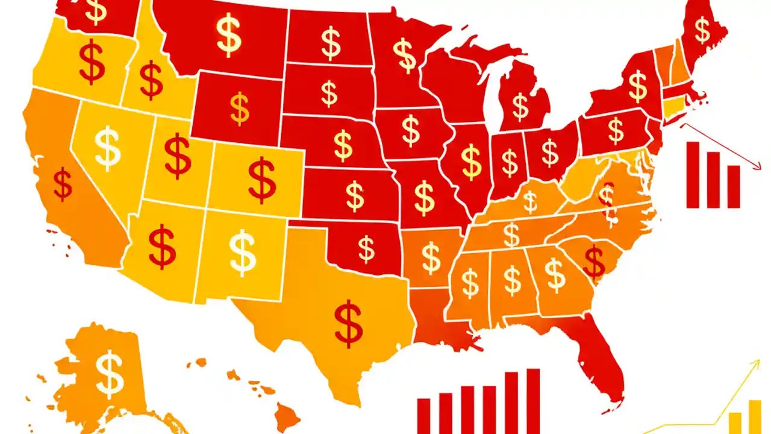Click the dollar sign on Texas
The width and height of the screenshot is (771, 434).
pyautogui.click(x=349, y=324)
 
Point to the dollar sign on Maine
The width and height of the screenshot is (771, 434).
pyautogui.click(x=702, y=30)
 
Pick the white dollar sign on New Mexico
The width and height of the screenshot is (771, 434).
pyautogui.click(x=243, y=251)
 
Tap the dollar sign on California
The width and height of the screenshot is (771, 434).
pyautogui.click(x=63, y=184)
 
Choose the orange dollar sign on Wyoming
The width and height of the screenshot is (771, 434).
pyautogui.click(x=240, y=108)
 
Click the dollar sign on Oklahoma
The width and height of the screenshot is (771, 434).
pyautogui.click(x=366, y=248)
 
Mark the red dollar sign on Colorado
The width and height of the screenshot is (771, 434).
pyautogui.click(x=262, y=179)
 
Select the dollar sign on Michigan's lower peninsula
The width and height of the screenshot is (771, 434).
pyautogui.click(x=520, y=107)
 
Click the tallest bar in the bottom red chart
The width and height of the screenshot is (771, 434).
pyautogui.click(x=533, y=401)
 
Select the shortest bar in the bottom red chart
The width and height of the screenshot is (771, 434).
pyautogui.click(x=423, y=415)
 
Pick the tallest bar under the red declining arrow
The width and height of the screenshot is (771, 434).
pyautogui.click(x=693, y=175)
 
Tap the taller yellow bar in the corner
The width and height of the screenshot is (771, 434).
pyautogui.click(x=755, y=417)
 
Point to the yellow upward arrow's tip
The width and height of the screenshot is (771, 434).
pyautogui.click(x=758, y=362)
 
